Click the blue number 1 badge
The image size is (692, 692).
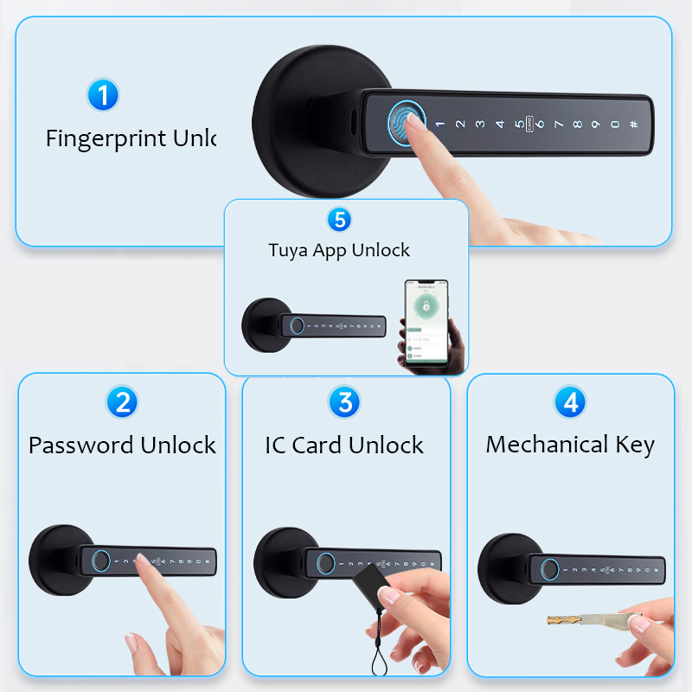point(103,94)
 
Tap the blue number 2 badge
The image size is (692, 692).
point(122,401)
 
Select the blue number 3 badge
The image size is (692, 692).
point(344,401)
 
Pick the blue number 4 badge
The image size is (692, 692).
point(570,401)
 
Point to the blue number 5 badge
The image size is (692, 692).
point(339,220)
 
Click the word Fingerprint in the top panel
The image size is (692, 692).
point(106,138)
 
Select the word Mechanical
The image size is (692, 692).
point(547,445)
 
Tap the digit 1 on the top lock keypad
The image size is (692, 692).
point(439,124)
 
